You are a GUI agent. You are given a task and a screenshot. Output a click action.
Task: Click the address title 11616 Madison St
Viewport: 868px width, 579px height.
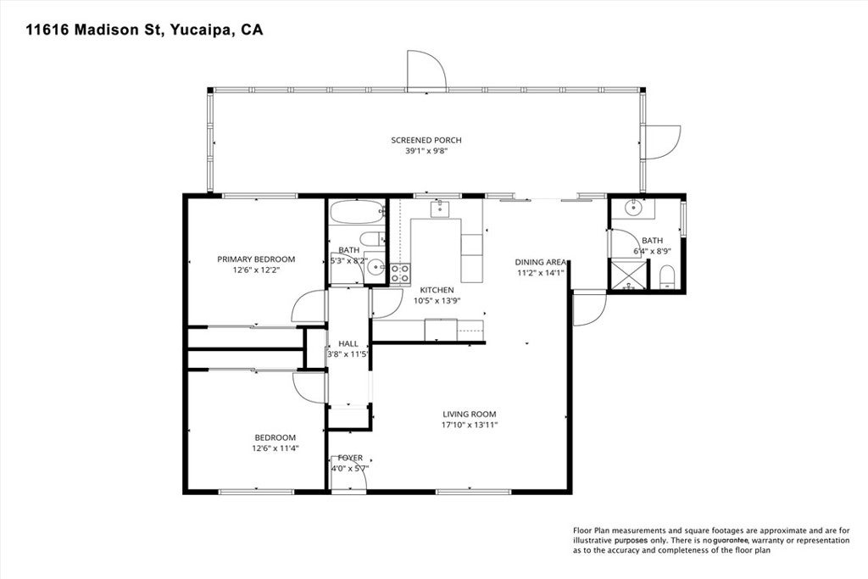(x=144, y=31)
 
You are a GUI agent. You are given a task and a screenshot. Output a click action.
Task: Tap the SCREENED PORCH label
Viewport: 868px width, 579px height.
(x=426, y=140)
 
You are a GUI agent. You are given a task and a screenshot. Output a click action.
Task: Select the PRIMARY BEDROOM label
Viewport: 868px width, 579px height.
(x=256, y=259)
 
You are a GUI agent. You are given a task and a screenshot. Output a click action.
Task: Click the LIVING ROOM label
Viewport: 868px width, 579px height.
(x=469, y=414)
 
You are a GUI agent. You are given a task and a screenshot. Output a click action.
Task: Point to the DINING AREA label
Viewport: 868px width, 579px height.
(x=541, y=262)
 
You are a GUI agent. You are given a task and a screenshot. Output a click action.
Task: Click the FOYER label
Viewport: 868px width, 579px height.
(x=349, y=457)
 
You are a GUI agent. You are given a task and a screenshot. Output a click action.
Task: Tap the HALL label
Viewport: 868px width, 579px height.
(x=348, y=343)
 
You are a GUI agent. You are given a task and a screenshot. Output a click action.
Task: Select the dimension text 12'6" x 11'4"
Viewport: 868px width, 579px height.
(x=275, y=448)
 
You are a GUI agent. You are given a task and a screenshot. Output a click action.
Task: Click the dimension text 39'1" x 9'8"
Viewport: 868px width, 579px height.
(x=426, y=151)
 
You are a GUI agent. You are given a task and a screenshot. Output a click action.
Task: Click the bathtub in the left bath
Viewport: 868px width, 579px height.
(x=356, y=211)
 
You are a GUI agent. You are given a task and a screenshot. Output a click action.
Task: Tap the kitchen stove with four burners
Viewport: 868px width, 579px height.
(x=399, y=273)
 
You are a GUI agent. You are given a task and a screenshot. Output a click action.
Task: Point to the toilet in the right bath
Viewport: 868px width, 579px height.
(x=666, y=276)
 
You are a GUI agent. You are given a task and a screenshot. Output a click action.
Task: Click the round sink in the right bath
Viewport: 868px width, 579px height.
(x=634, y=207)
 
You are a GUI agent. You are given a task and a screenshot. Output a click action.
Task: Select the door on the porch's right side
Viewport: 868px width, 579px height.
(x=661, y=141)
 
